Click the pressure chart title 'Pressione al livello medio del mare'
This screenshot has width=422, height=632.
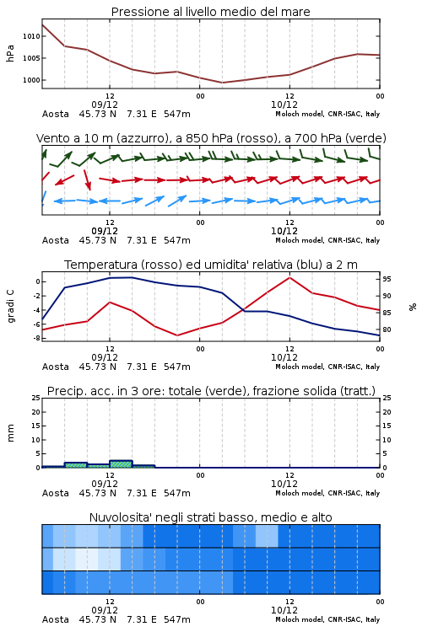(x=210, y=12)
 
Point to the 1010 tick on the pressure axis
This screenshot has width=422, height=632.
(x=31, y=36)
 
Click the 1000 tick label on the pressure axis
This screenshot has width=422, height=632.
(x=31, y=80)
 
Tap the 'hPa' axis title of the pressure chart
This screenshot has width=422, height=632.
(x=10, y=54)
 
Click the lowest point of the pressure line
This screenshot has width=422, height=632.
(x=222, y=83)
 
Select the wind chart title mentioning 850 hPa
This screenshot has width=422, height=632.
(x=211, y=138)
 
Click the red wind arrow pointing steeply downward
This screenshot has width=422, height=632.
(x=87, y=179)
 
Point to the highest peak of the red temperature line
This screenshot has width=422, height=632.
(x=289, y=277)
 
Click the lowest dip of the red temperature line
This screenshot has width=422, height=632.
(x=177, y=335)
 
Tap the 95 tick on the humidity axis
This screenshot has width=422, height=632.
(x=387, y=279)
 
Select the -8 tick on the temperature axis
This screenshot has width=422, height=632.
(x=37, y=338)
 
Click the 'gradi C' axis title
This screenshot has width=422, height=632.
(x=10, y=306)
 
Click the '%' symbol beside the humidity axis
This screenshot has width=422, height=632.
(x=413, y=307)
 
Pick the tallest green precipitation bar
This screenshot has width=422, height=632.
(x=121, y=464)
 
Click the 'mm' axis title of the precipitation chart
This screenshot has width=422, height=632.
(x=10, y=433)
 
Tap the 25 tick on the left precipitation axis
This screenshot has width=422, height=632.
(x=36, y=398)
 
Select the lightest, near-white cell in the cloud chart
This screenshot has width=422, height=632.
(x=87, y=559)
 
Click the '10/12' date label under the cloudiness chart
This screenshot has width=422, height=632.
(x=284, y=610)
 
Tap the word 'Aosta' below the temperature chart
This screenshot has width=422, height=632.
(x=56, y=367)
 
